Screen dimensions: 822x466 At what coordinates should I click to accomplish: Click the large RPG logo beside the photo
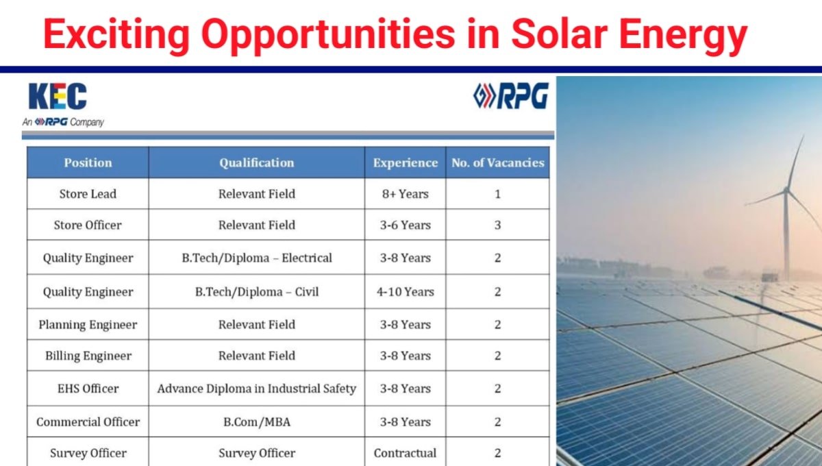click(x=511, y=96)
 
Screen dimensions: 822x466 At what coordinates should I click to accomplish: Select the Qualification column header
click(x=256, y=162)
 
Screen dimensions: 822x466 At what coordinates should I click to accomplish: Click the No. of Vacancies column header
click(x=497, y=162)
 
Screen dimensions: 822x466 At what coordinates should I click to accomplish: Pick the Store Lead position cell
click(x=88, y=194)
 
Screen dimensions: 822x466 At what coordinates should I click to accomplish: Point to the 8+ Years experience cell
click(x=405, y=194)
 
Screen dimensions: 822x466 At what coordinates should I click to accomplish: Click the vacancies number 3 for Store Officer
click(x=497, y=225)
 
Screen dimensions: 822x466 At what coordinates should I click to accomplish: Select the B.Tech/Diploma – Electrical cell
click(x=256, y=258)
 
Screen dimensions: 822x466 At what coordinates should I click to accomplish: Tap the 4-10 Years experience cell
click(x=405, y=292)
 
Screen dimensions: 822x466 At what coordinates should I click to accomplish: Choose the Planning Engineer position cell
click(x=88, y=325)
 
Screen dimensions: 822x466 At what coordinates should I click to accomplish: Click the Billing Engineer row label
click(x=88, y=356)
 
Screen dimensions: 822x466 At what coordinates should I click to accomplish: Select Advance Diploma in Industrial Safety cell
click(x=256, y=389)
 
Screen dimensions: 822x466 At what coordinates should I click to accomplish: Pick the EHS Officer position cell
click(x=88, y=389)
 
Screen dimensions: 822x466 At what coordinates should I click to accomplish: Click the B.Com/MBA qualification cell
click(x=256, y=422)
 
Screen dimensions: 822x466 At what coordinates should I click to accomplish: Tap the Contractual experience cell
click(x=405, y=453)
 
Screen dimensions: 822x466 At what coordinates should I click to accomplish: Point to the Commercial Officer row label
click(x=88, y=422)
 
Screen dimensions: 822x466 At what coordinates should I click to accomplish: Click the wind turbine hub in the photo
click(x=786, y=191)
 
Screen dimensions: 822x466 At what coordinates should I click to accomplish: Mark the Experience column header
click(x=405, y=162)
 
